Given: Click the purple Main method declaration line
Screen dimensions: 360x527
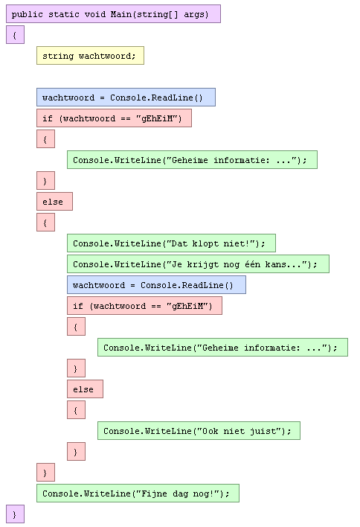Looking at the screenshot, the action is pos(113,14).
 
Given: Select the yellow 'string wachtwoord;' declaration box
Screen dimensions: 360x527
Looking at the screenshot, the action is pos(90,56).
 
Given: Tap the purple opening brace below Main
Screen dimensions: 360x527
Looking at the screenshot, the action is pos(15,35).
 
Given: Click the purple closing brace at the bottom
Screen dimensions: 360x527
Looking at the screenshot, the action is pos(15,514).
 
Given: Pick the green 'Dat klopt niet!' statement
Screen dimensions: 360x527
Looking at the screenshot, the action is pos(171,243).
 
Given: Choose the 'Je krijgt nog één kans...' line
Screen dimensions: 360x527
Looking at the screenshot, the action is pos(198,263).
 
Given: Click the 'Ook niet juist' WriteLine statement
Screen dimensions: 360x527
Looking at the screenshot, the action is pos(199,430).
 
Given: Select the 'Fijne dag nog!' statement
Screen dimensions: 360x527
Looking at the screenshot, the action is pos(138,493).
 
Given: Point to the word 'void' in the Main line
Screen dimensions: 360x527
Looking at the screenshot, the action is pos(94,14).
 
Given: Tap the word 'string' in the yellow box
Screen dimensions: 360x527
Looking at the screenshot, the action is pos(58,56).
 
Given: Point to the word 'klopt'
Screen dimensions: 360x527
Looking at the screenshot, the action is pos(205,243).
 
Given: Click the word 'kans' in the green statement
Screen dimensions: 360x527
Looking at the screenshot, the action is pos(275,264).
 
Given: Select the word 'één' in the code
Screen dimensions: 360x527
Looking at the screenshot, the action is pos(252,263).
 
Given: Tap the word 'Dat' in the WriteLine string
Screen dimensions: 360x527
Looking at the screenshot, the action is pos(179,243).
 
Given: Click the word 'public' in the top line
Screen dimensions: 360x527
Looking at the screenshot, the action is pos(28,14).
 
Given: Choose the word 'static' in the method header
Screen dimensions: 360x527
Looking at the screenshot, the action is pos(63,14).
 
